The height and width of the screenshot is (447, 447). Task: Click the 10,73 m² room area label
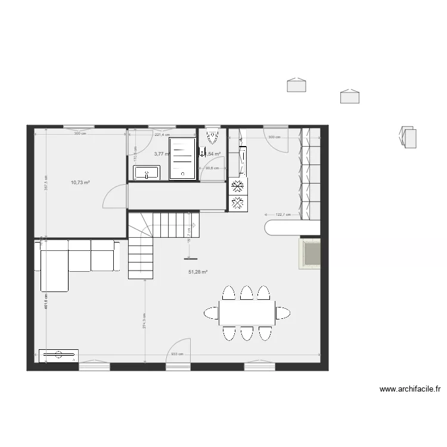[80, 182]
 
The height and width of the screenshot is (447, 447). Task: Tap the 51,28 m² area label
[198, 272]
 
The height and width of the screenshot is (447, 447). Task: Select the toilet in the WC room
[212, 136]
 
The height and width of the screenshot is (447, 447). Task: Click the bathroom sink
[145, 173]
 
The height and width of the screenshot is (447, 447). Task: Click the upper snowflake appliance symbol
[237, 185]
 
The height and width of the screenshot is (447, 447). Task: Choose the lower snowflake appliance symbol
[237, 203]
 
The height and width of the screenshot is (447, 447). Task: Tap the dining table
[247, 312]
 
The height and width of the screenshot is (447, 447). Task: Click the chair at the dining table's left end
[211, 312]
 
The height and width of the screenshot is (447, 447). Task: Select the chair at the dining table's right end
[283, 312]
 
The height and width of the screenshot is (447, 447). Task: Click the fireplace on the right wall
[310, 253]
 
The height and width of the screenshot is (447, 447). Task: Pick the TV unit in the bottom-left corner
[58, 355]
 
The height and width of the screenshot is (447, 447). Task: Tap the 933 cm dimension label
[176, 354]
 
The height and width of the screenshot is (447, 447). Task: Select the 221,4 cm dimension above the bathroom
[162, 135]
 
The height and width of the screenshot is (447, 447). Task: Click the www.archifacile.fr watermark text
[411, 390]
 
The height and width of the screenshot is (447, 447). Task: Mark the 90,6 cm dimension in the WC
[212, 168]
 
